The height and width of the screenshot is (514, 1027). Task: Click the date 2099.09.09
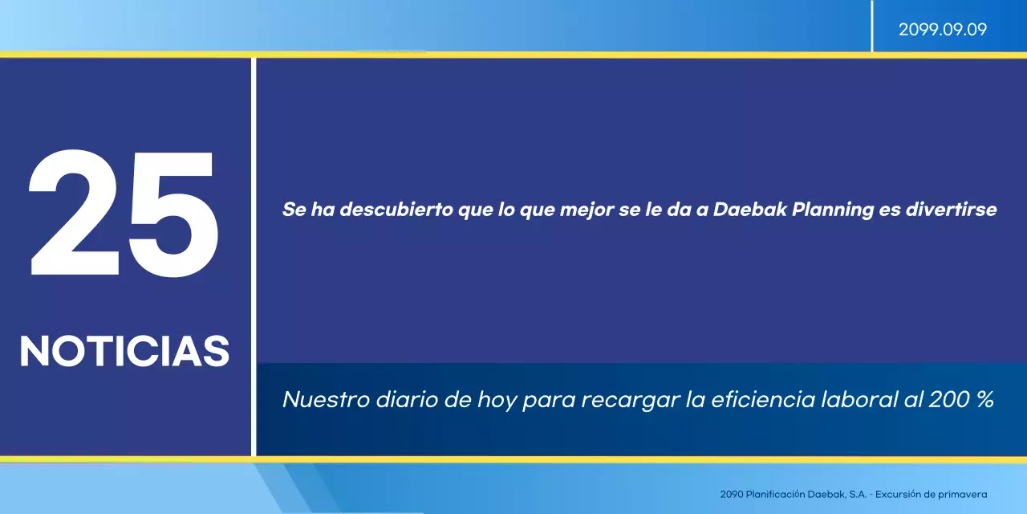[x=942, y=30]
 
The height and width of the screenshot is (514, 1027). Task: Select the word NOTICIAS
[x=124, y=352]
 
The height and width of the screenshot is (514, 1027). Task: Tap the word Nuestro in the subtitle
[x=325, y=399]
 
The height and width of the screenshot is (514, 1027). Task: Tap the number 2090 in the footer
[x=731, y=495]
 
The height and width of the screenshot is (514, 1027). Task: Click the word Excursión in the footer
[x=904, y=495]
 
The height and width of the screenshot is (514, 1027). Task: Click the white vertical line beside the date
[x=872, y=26]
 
